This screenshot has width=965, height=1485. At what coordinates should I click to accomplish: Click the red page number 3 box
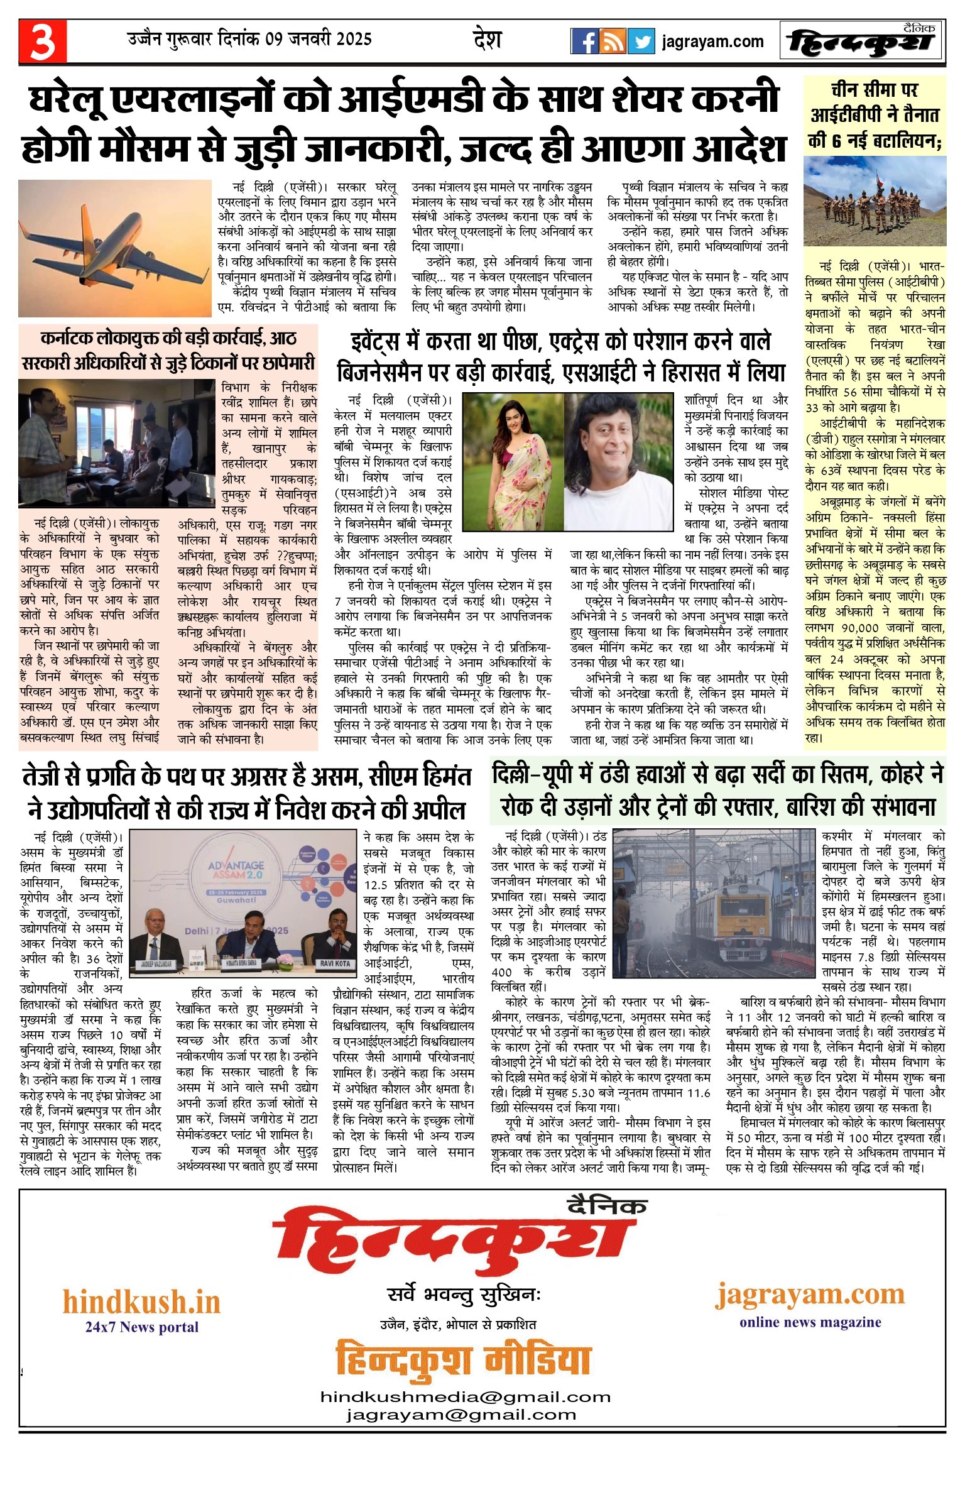[x=43, y=41]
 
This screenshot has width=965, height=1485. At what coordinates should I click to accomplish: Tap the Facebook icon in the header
[x=584, y=41]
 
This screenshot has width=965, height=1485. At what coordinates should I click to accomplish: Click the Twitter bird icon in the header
[x=641, y=41]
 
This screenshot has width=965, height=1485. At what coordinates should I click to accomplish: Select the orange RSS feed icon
[x=613, y=41]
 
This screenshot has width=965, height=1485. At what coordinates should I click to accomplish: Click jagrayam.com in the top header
[x=712, y=42]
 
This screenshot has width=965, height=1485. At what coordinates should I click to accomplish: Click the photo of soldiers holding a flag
[x=875, y=201]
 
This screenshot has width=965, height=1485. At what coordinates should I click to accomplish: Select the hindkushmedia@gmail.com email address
[x=465, y=1397]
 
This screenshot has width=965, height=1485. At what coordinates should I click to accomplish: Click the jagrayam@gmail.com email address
[x=461, y=1415]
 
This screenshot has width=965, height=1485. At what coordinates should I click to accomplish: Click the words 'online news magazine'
[x=810, y=1322]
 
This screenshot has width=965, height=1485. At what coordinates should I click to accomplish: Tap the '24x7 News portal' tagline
[x=141, y=1327]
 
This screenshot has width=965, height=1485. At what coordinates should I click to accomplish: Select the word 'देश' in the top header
[x=487, y=40]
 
